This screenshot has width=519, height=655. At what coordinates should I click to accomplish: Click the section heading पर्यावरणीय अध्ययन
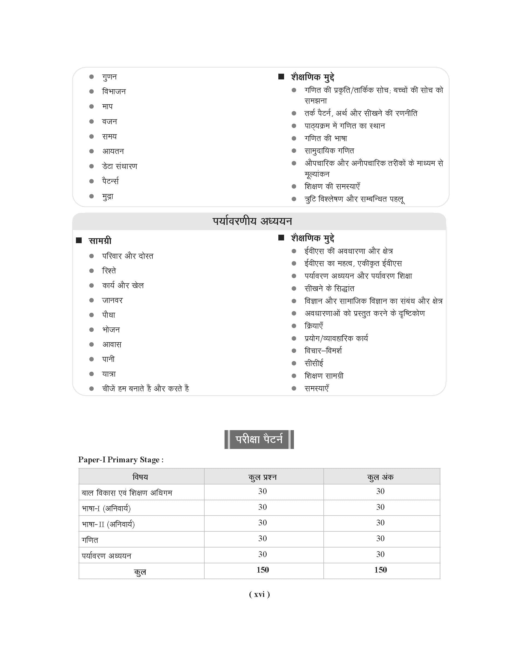252,221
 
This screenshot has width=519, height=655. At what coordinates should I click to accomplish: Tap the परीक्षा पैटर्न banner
259,439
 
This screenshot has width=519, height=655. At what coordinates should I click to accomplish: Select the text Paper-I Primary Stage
121,460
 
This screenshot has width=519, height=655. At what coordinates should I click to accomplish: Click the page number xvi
259,594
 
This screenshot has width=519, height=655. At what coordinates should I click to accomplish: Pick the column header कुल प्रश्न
263,477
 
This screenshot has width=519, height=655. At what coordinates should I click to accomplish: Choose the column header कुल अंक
380,477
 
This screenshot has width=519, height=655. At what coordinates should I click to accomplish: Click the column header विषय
140,477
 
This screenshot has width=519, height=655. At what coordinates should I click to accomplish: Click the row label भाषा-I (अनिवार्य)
106,508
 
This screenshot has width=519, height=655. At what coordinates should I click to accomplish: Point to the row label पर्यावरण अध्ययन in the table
106,556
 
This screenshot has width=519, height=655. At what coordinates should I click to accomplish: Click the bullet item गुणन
109,77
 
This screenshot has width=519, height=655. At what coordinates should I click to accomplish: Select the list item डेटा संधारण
120,166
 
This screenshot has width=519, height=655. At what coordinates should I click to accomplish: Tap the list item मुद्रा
108,196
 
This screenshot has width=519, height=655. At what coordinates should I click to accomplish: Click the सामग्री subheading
100,241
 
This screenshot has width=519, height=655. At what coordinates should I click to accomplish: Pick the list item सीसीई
314,363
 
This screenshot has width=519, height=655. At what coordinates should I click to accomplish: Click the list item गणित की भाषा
326,138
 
